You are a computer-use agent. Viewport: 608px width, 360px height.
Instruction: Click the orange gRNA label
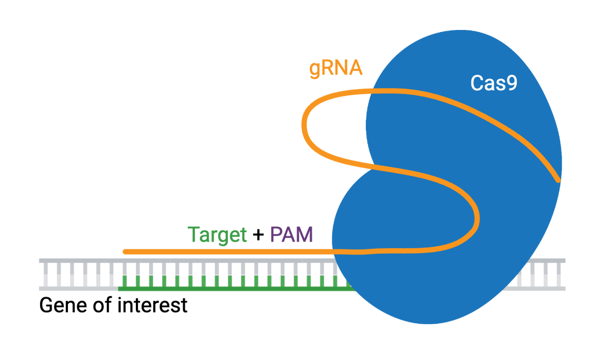336,69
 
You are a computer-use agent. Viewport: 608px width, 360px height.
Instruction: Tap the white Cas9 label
494,83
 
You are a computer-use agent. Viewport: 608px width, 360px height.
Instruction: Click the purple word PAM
291,235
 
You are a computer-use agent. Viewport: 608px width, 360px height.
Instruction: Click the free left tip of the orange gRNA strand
125,252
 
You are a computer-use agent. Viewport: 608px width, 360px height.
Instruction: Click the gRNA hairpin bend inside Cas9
478,216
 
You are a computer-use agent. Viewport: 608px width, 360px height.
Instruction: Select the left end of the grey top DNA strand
41,261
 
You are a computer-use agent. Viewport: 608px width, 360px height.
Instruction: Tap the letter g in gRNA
315,71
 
